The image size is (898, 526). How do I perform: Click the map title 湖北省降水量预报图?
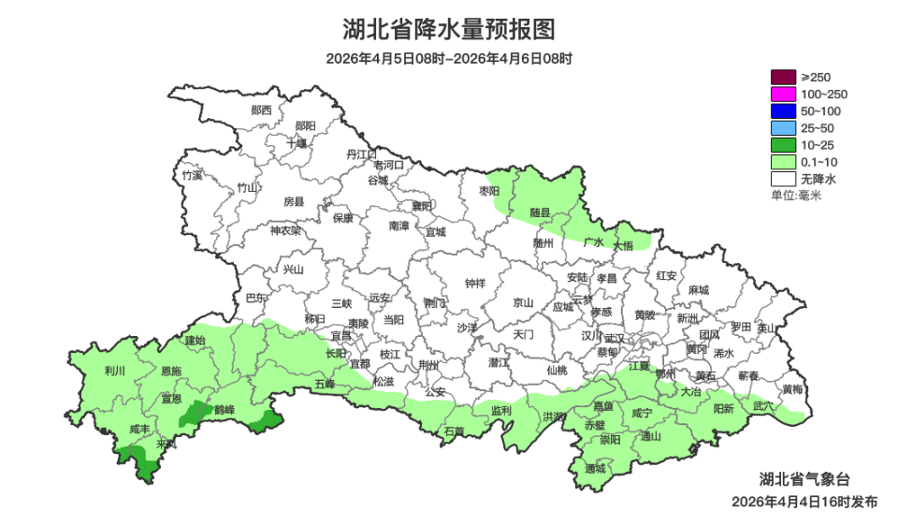click(448, 29)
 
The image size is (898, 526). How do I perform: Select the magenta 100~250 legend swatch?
click(783, 95)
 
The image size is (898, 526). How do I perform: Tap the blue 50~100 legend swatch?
click(783, 111)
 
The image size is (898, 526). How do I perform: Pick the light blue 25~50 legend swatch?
click(783, 128)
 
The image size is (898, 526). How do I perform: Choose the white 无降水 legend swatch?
click(783, 179)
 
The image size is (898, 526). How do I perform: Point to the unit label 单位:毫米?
click(795, 195)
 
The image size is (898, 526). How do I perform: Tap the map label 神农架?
click(285, 230)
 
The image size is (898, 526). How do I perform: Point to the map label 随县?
click(539, 212)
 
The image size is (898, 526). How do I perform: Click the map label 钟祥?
click(475, 284)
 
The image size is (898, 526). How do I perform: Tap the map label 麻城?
click(697, 290)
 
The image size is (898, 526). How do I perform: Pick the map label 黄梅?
click(791, 389)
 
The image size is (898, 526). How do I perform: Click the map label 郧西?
click(262, 110)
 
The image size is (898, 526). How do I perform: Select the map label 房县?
click(294, 201)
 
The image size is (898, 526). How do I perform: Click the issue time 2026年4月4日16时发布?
click(804, 502)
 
